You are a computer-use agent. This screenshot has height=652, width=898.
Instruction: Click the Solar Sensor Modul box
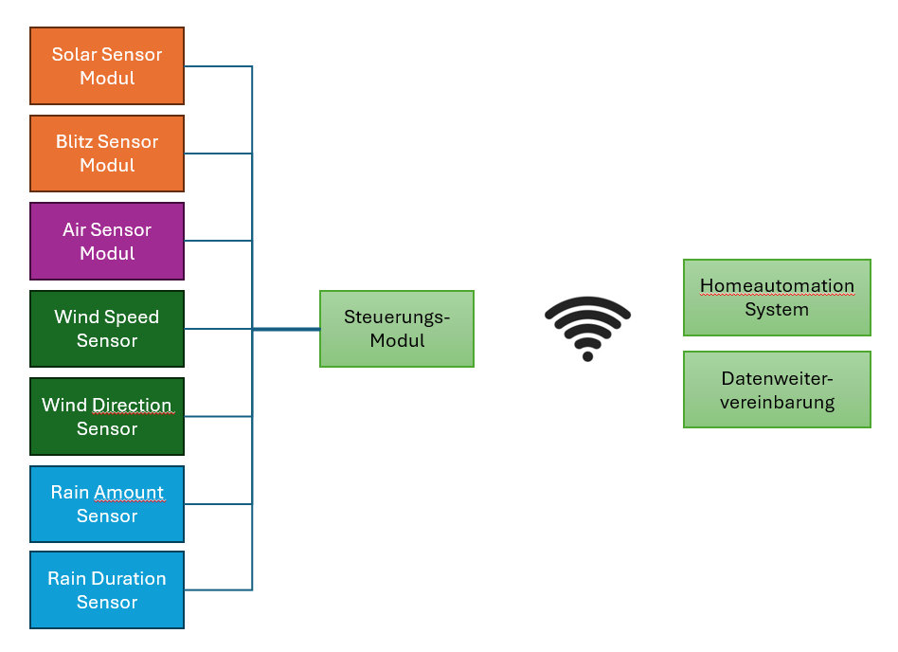point(107,65)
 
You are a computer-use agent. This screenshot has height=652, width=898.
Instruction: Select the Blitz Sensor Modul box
point(107,154)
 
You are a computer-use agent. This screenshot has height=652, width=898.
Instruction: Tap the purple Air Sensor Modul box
point(107,241)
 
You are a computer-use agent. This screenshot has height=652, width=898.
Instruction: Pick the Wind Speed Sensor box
point(107,329)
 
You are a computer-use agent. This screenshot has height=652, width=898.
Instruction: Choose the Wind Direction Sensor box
point(107,416)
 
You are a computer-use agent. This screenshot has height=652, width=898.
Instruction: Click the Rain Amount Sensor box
point(107,504)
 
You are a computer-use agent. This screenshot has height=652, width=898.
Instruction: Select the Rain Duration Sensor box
point(107,589)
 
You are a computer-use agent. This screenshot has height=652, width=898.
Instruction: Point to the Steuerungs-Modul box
point(397,329)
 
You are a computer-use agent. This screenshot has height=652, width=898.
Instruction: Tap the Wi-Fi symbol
point(587,328)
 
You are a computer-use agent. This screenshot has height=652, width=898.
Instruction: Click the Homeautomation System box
point(777,298)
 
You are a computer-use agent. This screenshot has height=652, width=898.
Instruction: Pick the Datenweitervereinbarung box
point(777,389)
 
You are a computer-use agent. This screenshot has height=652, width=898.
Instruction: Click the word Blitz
point(75,142)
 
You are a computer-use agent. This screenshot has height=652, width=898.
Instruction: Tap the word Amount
point(129,493)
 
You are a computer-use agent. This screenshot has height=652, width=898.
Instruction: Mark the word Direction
point(132,406)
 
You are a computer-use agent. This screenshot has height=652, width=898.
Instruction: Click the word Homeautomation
point(777,286)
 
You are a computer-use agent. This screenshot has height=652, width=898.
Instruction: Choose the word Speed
point(133,317)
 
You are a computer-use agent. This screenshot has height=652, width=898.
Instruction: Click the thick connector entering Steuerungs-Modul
point(286,329)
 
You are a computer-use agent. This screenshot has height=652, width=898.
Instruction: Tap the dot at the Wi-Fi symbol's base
point(587,356)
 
